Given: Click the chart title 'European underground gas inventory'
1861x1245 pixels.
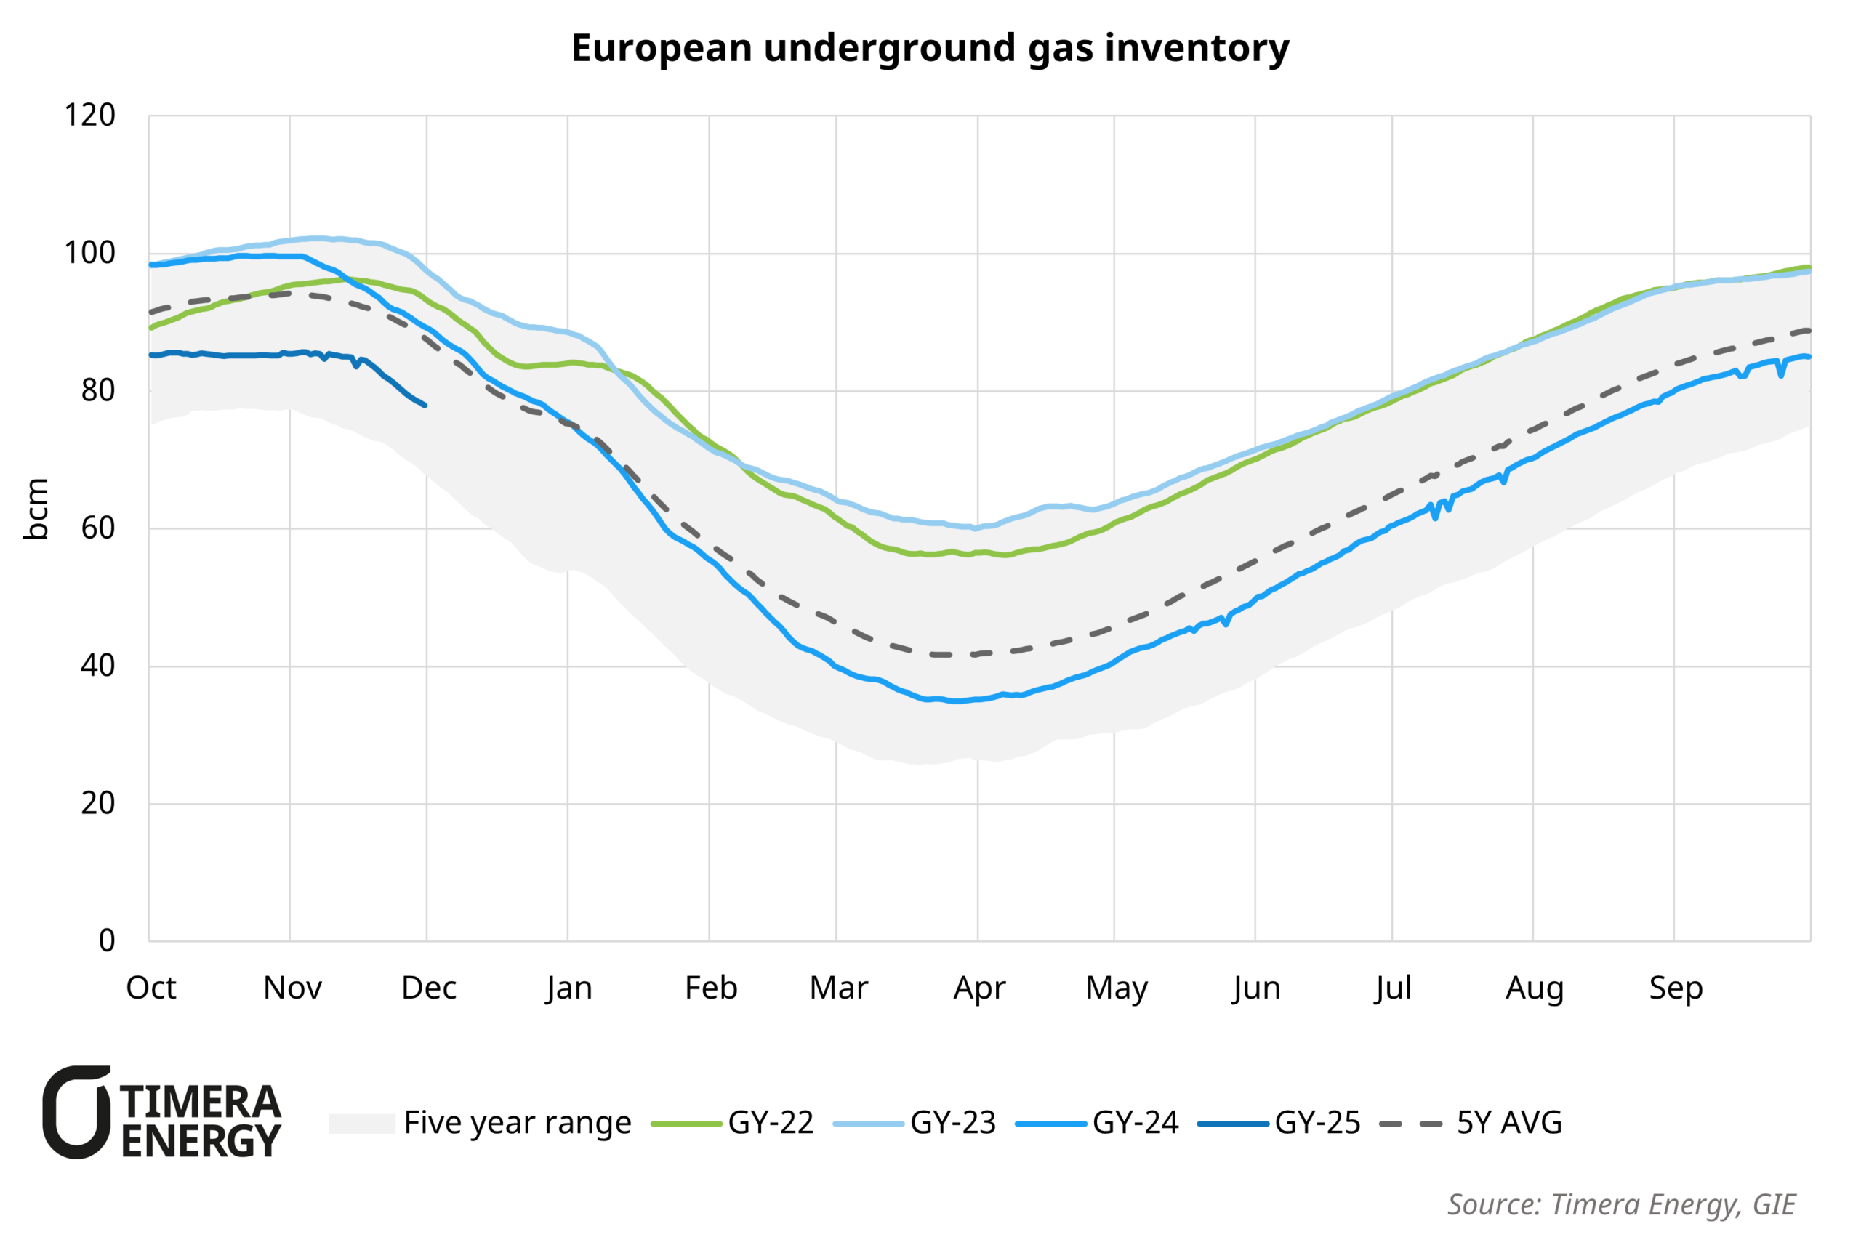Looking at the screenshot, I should [x=930, y=49].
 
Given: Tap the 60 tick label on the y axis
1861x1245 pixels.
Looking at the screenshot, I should [x=97, y=528].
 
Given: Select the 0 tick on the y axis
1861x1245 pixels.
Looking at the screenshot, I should [x=106, y=941].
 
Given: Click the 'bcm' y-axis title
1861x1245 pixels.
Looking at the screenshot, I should [x=36, y=509].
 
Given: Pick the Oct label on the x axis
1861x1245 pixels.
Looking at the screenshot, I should [x=151, y=988].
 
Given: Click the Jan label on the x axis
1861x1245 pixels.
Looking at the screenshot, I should [x=568, y=988].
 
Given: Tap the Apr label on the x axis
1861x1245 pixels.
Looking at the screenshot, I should [x=979, y=988].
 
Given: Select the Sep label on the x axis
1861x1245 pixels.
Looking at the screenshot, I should [x=1675, y=988].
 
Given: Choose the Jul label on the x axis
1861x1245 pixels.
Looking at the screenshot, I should [x=1393, y=988].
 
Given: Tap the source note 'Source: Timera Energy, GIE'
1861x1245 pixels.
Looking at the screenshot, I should [x=1620, y=1204].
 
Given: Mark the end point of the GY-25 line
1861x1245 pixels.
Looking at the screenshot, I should [x=426, y=406].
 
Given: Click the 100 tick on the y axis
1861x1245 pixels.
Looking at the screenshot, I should [x=89, y=253].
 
